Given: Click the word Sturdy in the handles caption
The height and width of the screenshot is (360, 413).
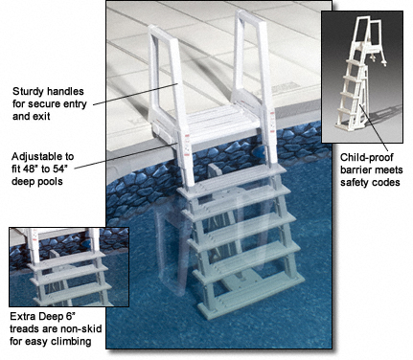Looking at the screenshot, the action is click(x=28, y=92).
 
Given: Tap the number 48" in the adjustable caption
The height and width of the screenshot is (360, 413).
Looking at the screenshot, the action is click(x=31, y=169).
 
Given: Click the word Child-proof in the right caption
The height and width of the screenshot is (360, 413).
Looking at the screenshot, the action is click(x=366, y=158).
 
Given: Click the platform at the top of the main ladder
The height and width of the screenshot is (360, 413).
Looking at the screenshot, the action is click(x=219, y=122).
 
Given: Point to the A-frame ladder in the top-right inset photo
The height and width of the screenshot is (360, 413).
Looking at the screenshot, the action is click(x=361, y=74).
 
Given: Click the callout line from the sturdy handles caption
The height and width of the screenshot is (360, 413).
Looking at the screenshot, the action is click(x=136, y=93).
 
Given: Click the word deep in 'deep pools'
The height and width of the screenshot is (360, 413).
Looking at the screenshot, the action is click(x=23, y=182).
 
